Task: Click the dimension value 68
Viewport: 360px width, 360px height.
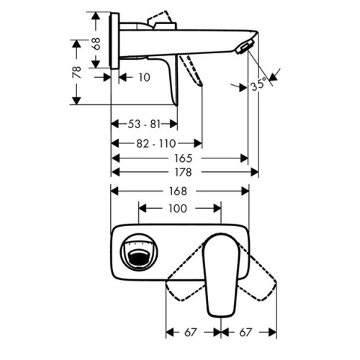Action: tap(96, 43)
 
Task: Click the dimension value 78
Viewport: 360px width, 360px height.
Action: tap(77, 72)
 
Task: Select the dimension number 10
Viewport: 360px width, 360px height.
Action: tap(144, 78)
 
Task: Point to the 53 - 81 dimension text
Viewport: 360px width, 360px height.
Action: tap(144, 125)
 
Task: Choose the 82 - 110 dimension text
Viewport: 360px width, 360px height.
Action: tap(156, 143)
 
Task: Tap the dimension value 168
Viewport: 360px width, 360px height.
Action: tap(178, 192)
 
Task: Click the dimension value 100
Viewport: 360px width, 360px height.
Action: tap(178, 208)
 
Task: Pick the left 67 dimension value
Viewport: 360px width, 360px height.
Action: tap(191, 333)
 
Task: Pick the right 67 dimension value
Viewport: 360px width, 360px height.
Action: tap(246, 333)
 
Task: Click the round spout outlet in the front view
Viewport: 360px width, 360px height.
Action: tap(139, 253)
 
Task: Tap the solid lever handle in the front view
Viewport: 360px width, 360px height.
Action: tap(221, 276)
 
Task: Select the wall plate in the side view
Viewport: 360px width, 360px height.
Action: tap(114, 41)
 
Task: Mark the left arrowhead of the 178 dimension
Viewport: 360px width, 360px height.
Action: tap(115, 172)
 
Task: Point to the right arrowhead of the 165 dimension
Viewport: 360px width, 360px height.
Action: tap(244, 158)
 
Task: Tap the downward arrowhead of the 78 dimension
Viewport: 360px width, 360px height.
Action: tap(76, 101)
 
